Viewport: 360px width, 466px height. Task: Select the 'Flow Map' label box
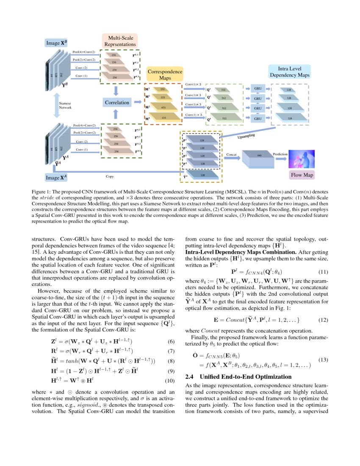coord(302,175)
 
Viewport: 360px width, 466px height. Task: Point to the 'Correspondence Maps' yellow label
coord(164,75)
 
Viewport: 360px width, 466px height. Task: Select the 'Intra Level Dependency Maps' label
coord(290,72)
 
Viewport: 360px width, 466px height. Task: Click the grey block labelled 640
coord(259,156)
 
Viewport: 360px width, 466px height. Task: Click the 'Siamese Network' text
coord(65,105)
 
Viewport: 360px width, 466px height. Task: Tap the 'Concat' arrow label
coord(231,155)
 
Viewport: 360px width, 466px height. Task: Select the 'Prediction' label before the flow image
coord(280,155)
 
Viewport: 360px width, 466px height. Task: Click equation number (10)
coord(169,369)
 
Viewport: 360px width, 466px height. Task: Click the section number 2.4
coord(191,376)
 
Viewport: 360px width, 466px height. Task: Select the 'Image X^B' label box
coord(56,43)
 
